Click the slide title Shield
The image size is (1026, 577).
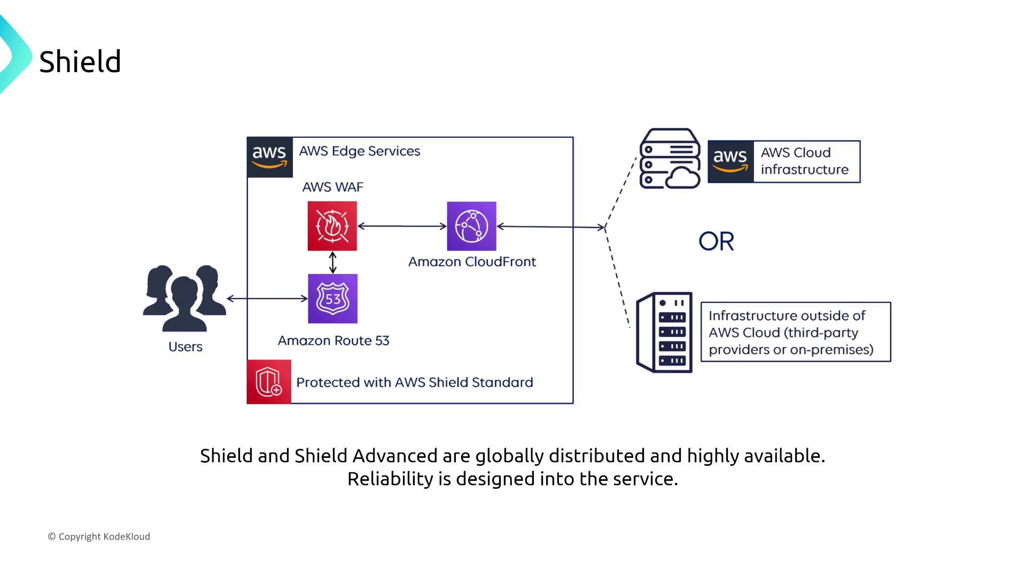tap(80, 61)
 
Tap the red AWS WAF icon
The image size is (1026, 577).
tap(332, 226)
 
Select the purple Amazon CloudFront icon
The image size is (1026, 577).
tap(471, 226)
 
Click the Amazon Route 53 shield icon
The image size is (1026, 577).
tap(332, 299)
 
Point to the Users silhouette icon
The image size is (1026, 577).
tap(184, 298)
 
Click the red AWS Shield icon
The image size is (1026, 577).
tap(269, 381)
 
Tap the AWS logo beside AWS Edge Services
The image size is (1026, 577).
tap(269, 157)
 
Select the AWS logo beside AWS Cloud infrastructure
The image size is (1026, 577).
tap(730, 162)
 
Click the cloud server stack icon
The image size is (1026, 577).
tap(670, 158)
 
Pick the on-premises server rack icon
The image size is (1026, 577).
tap(664, 332)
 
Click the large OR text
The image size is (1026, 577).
tap(716, 241)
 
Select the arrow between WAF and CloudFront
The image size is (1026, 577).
tap(402, 226)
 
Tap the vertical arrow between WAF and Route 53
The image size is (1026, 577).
tap(332, 262)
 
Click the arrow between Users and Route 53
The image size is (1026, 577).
tap(267, 298)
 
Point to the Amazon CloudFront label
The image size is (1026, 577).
tap(472, 262)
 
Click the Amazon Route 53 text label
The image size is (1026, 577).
tap(333, 341)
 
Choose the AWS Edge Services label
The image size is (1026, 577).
tap(359, 151)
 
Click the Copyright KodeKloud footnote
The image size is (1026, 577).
tap(99, 536)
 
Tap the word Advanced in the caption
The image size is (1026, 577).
tap(395, 456)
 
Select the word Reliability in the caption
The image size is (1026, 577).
tap(390, 479)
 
